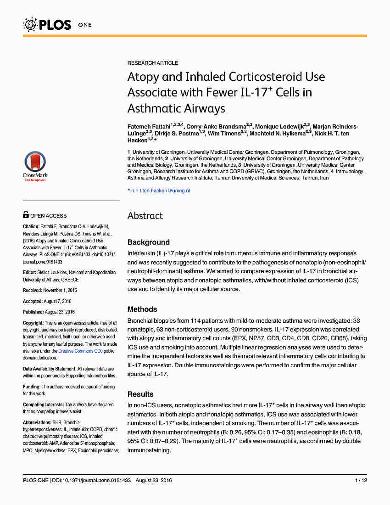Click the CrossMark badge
coord(35,167)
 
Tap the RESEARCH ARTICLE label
coord(153,63)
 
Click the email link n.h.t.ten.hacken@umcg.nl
coord(161,190)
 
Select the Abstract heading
coord(145,216)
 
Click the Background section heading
coord(148,242)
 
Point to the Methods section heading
coord(142,309)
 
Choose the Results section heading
coord(140,394)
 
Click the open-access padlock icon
coord(26,214)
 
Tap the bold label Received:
coord(33,290)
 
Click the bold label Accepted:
coord(33,301)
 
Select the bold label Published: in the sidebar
coord(33,312)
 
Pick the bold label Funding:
coord(32,387)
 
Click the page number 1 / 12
coord(361,480)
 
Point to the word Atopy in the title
coord(142,77)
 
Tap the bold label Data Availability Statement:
coord(50,369)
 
